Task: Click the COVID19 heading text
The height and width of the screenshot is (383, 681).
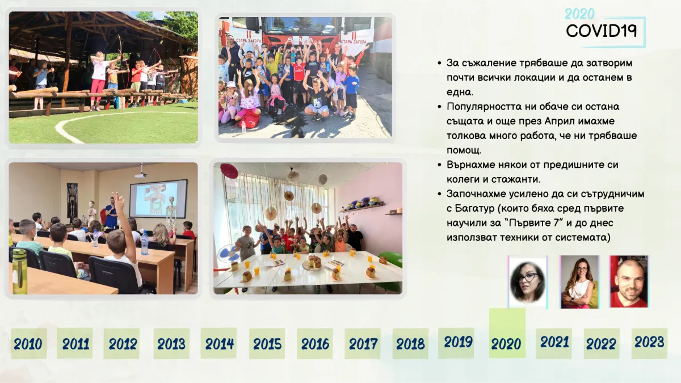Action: point(601,31)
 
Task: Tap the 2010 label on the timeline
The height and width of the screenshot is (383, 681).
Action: point(28,344)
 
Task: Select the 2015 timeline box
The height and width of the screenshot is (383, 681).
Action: point(267,343)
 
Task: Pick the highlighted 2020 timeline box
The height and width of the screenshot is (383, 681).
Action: point(507,333)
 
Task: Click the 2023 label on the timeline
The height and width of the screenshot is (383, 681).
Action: point(649,342)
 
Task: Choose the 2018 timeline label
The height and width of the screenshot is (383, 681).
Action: point(410,344)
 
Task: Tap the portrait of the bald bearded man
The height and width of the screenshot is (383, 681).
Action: point(629,282)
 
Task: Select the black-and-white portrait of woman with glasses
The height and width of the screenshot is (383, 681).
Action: point(527,282)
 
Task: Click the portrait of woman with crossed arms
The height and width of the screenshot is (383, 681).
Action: point(579,282)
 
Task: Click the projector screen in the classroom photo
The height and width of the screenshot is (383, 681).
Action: point(158,199)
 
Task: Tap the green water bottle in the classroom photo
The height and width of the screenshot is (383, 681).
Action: point(19,271)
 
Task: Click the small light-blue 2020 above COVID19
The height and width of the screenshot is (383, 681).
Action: point(579,14)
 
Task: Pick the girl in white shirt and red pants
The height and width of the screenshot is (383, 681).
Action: point(99,81)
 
